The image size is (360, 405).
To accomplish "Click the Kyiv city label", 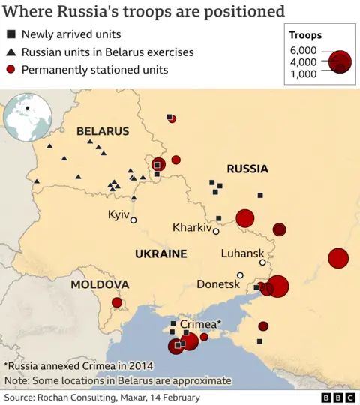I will [x=118, y=214].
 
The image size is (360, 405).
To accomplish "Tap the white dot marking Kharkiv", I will [x=216, y=231].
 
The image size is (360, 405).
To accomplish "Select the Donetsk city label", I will [x=217, y=284].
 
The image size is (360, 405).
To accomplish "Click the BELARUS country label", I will [x=103, y=131].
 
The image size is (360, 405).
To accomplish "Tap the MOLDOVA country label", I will [x=100, y=284].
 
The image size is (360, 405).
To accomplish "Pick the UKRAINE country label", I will [x=160, y=253].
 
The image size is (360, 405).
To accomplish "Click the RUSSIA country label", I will [x=247, y=169].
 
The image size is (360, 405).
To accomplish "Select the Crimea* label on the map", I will [x=200, y=324].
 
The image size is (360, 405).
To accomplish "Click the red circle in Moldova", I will [x=117, y=302].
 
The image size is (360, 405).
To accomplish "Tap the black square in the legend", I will [x=11, y=34].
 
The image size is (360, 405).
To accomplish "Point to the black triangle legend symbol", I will [x=11, y=52].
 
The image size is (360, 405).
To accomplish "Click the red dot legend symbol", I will [x=11, y=70].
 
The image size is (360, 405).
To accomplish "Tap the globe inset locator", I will [x=28, y=118].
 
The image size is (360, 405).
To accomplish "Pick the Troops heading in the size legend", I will [x=305, y=35].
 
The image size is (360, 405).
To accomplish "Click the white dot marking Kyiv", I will [x=133, y=220].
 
